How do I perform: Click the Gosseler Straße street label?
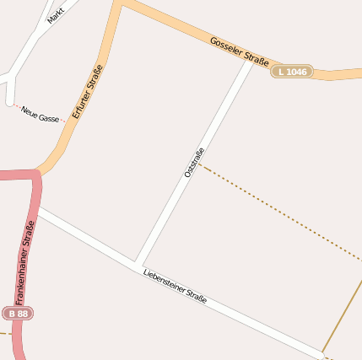click(239, 51)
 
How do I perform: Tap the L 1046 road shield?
click(291, 72)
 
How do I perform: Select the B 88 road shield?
click(18, 313)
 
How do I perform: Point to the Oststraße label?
click(194, 163)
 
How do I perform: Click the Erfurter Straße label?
click(87, 91)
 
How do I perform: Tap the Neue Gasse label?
click(41, 114)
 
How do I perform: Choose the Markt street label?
click(57, 14)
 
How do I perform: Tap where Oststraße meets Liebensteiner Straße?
click(137, 262)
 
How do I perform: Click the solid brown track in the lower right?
click(343, 316)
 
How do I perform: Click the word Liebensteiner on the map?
click(164, 280)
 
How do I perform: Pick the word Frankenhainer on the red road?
click(26, 252)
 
